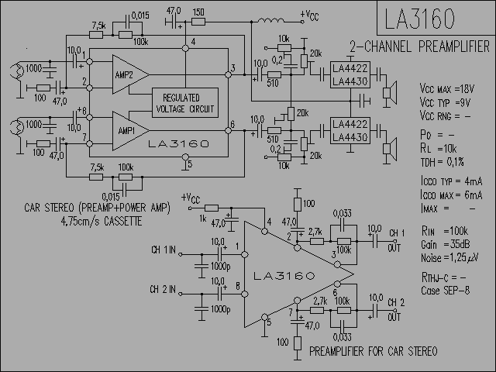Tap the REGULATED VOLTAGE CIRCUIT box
(x=185, y=102)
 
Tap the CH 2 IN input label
(x=164, y=290)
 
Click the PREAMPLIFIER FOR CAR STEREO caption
(x=373, y=351)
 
